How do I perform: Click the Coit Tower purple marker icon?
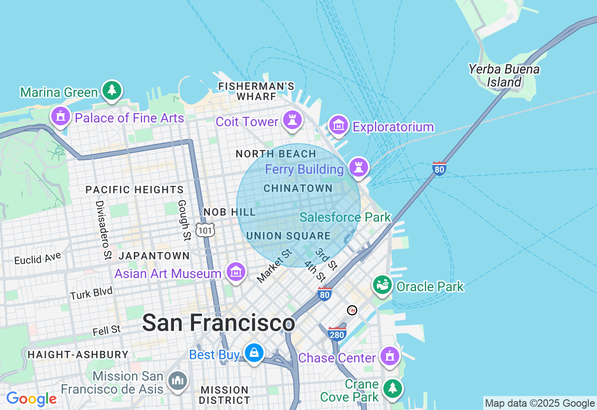(x=292, y=120)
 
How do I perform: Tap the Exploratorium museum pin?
(x=339, y=125)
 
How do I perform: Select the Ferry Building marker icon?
(x=358, y=167)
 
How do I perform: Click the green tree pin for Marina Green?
(x=111, y=90)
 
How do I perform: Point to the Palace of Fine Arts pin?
(x=61, y=116)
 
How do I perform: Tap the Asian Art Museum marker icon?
(x=236, y=272)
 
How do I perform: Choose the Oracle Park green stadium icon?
(x=382, y=285)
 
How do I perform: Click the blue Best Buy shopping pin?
(x=254, y=354)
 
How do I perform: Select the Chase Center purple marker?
(x=389, y=356)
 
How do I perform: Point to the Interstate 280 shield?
(x=337, y=334)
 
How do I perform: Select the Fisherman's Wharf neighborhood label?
(x=257, y=91)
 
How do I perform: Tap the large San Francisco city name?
(x=218, y=323)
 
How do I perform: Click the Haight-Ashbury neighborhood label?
(x=78, y=355)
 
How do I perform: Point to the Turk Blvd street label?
(x=91, y=293)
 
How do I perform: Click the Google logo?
(x=31, y=399)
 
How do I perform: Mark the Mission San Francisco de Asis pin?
(x=178, y=381)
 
